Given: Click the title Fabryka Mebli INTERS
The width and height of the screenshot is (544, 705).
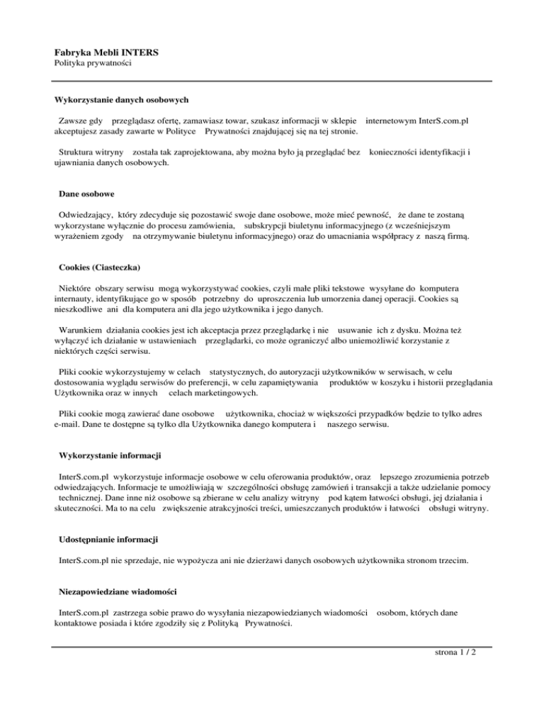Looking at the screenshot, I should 106,52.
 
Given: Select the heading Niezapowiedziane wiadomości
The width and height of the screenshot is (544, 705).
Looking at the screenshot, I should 116,591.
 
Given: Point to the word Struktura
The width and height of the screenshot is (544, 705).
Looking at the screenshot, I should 78,152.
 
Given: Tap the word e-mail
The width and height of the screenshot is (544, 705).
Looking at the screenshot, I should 70,425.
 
